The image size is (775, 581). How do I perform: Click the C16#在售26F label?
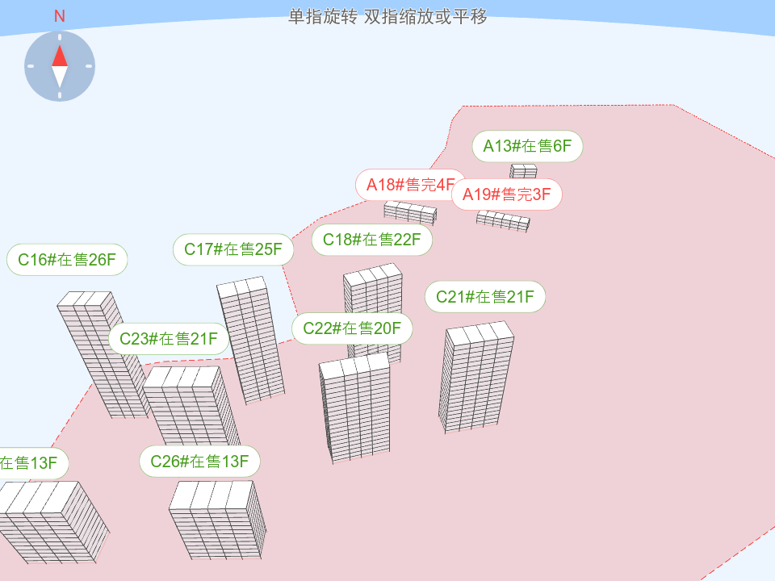tap(68, 260)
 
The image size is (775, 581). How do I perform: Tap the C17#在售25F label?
tap(233, 249)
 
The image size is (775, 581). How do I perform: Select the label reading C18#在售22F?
tap(372, 240)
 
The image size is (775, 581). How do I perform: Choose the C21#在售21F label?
tap(485, 296)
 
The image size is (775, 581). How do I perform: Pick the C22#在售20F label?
tap(352, 328)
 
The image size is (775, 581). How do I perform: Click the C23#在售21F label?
tap(169, 339)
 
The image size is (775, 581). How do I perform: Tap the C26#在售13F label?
tap(199, 462)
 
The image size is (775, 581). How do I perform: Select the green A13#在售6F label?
tap(527, 146)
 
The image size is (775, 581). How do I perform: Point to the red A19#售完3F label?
tap(507, 194)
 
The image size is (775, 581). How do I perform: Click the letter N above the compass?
tap(60, 16)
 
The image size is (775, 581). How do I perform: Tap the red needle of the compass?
tap(60, 55)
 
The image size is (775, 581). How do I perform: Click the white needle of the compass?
tap(60, 77)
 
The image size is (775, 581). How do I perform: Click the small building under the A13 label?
tap(523, 171)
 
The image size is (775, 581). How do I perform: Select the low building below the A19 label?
tap(503, 219)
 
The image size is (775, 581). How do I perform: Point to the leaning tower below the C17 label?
tap(251, 339)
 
